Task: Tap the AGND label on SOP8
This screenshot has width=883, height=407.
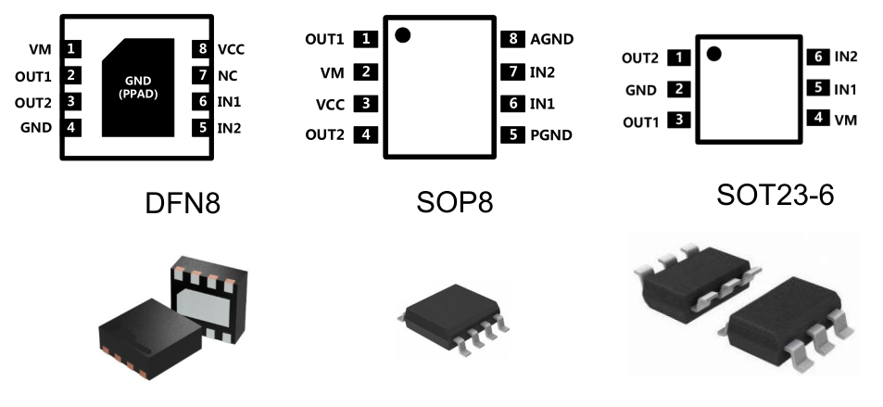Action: click(x=551, y=39)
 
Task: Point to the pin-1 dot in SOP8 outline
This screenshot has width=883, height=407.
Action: click(x=402, y=35)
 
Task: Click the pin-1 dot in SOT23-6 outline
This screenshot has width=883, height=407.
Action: click(x=713, y=53)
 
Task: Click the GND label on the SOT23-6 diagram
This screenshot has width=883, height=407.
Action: click(x=641, y=90)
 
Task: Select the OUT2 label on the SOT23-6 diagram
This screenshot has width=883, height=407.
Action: click(x=640, y=57)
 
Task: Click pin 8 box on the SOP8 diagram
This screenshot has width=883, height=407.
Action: click(x=512, y=39)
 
